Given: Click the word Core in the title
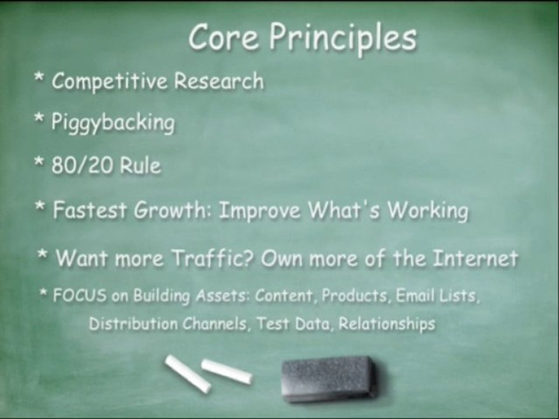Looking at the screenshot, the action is [224, 37].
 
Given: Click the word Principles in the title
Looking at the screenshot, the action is [342, 39].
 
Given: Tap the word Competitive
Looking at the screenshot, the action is [109, 81].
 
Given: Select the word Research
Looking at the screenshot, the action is [219, 80].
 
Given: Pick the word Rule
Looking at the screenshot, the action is [140, 166].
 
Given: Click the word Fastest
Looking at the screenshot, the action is [90, 210].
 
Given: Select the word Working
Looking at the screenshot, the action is [427, 211].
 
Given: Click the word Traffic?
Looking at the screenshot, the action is [213, 258].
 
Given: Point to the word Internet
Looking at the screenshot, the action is [475, 258].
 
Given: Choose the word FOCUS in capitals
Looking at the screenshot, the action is [80, 296].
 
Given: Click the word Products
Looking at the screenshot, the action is [355, 296].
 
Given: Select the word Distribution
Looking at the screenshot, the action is [133, 324].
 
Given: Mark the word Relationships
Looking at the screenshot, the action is [387, 324].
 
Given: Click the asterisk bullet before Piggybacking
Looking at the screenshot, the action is [39, 118].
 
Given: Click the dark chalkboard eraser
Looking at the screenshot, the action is [328, 379].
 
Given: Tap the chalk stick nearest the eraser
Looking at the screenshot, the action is [227, 371].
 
